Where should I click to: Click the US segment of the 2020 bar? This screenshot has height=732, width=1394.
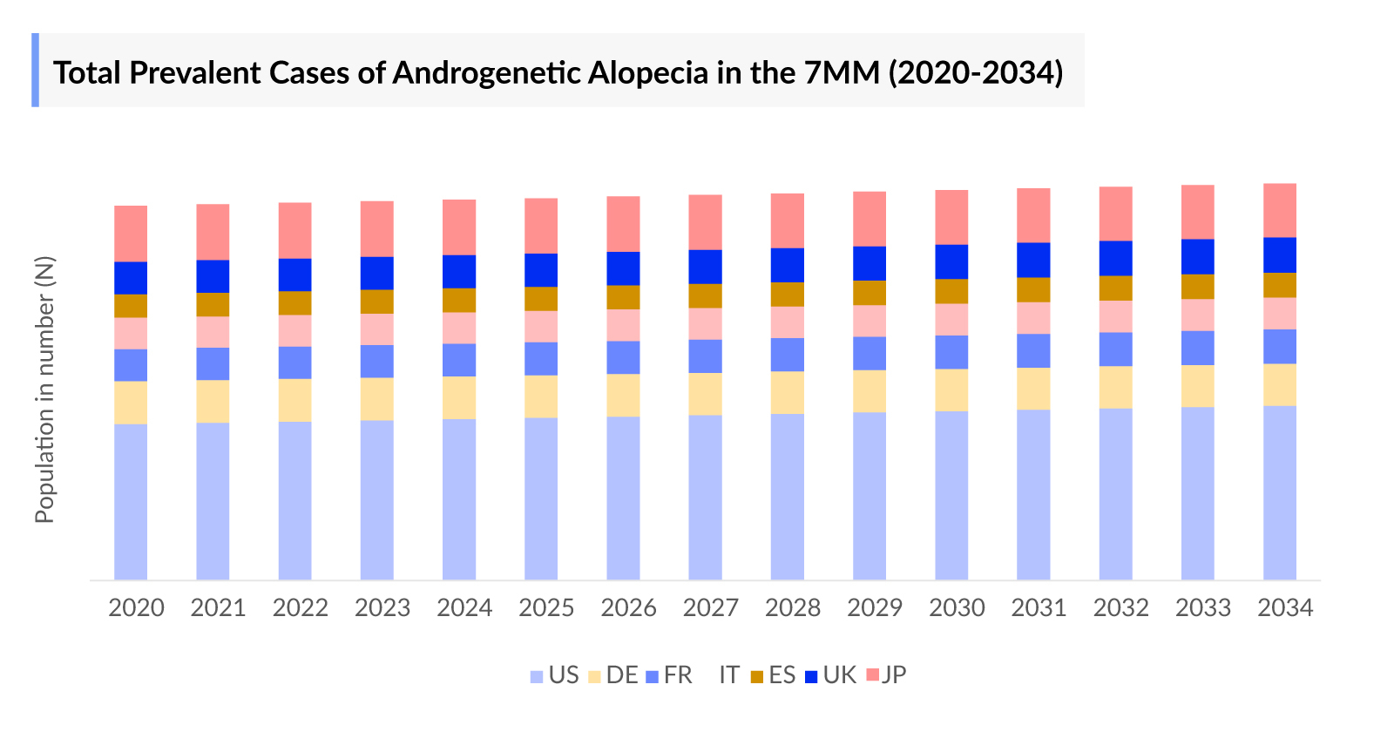pyautogui.click(x=131, y=501)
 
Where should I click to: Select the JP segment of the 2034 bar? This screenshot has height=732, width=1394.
pyautogui.click(x=1280, y=210)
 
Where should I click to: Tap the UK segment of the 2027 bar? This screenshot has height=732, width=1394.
pyautogui.click(x=705, y=267)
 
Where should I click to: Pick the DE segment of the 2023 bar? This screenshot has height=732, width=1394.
pyautogui.click(x=376, y=399)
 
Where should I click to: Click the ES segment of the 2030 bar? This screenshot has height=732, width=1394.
pyautogui.click(x=951, y=291)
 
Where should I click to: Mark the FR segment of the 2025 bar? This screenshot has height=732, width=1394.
pyautogui.click(x=541, y=359)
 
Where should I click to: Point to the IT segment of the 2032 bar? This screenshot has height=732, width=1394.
pyautogui.click(x=1115, y=316)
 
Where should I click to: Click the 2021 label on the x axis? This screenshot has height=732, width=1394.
pyautogui.click(x=218, y=607)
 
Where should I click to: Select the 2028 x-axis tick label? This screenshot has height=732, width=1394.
pyautogui.click(x=792, y=607)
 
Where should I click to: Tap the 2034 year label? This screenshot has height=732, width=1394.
pyautogui.click(x=1285, y=607)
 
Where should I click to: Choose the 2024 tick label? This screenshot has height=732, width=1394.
pyautogui.click(x=464, y=607)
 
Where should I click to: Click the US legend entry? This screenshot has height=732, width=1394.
pyautogui.click(x=555, y=675)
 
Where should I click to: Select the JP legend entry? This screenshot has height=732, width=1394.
pyautogui.click(x=887, y=675)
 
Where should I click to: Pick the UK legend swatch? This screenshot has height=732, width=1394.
pyautogui.click(x=811, y=676)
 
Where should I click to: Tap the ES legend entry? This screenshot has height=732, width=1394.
pyautogui.click(x=773, y=675)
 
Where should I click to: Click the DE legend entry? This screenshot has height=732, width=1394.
pyautogui.click(x=613, y=675)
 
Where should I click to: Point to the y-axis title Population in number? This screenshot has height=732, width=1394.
pyautogui.click(x=44, y=390)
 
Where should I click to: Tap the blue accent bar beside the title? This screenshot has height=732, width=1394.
pyautogui.click(x=36, y=71)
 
